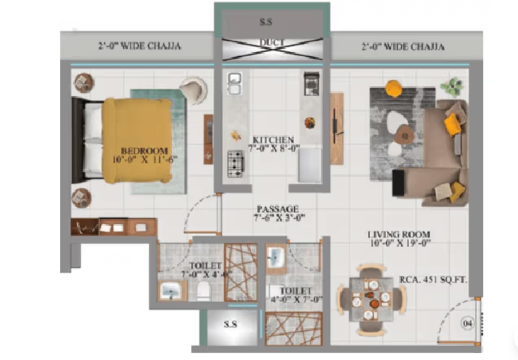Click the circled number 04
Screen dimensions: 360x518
click(467, 323)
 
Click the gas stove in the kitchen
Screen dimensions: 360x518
click(235, 162)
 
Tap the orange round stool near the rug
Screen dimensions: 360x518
click(394, 88)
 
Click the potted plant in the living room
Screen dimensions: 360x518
click(451, 86)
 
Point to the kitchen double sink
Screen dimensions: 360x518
click(234, 84)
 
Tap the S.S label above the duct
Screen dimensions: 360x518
click(267, 23)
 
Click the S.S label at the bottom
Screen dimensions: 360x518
click(230, 325)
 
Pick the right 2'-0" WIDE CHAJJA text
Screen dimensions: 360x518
click(402, 47)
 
